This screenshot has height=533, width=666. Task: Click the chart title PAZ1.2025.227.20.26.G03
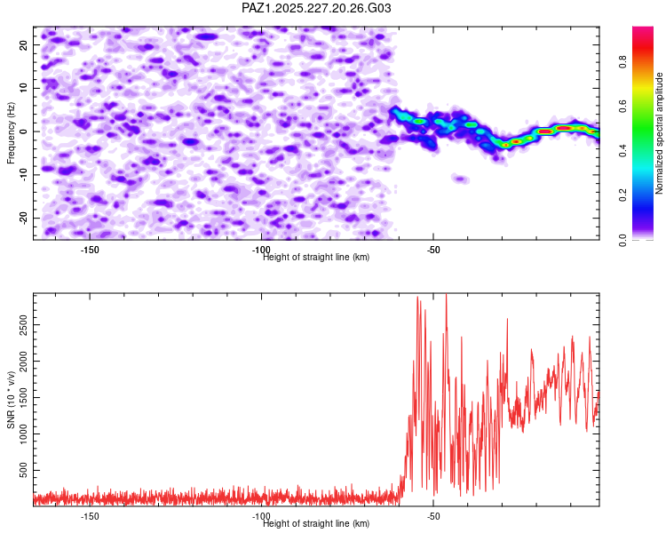pyautogui.click(x=316, y=8)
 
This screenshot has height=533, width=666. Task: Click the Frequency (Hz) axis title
pyautogui.click(x=11, y=133)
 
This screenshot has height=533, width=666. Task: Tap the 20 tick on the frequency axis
pyautogui.click(x=24, y=44)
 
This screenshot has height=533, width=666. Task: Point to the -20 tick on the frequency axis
pyautogui.click(x=24, y=219)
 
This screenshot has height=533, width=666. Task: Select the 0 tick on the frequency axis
pyautogui.click(x=24, y=131)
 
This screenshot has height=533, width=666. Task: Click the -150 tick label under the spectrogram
pyautogui.click(x=89, y=250)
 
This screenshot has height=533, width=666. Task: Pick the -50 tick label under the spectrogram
pyautogui.click(x=432, y=250)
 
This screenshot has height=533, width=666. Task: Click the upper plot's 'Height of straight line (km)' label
pyautogui.click(x=316, y=257)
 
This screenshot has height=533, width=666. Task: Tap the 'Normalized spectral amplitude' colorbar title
pyautogui.click(x=659, y=133)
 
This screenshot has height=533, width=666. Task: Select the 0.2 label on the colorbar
pyautogui.click(x=623, y=195)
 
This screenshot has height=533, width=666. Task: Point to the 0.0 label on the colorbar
pyautogui.click(x=623, y=240)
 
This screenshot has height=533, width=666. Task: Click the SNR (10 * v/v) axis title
pyautogui.click(x=11, y=400)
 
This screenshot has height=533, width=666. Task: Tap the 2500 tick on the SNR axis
pyautogui.click(x=24, y=325)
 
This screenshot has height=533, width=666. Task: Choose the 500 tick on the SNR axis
pyautogui.click(x=24, y=470)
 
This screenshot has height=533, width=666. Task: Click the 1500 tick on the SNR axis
pyautogui.click(x=24, y=397)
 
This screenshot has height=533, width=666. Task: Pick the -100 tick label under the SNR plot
pyautogui.click(x=261, y=516)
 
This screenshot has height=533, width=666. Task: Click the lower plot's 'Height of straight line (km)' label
pyautogui.click(x=316, y=523)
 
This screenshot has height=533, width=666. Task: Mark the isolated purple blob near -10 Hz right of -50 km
pyautogui.click(x=460, y=179)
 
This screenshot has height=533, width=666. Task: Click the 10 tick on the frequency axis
pyautogui.click(x=24, y=88)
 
